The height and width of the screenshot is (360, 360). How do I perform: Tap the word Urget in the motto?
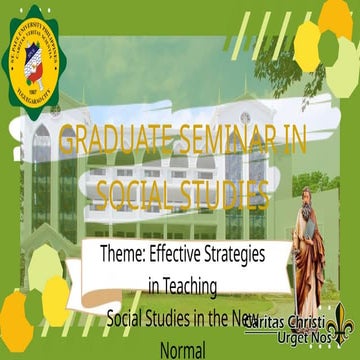[282, 341]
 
